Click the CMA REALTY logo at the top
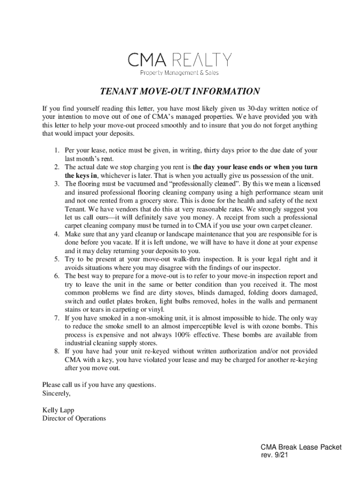click(x=180, y=60)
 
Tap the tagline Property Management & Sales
click(x=180, y=73)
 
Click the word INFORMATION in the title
click(x=224, y=91)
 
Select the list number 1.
click(x=55, y=151)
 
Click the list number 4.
click(x=55, y=234)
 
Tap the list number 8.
click(x=55, y=351)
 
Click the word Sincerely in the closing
click(x=56, y=393)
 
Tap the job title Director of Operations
click(x=74, y=419)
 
